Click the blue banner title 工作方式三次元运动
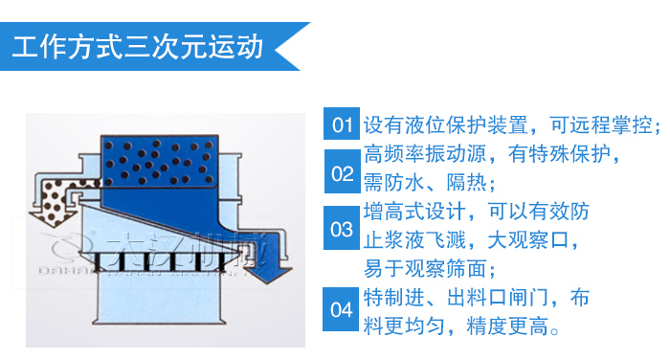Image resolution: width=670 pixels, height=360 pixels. pos(138,47)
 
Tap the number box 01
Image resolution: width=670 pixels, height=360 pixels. pos(342,124)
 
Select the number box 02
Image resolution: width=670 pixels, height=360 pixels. pos(343,171)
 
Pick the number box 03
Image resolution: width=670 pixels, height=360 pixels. pos(342,228)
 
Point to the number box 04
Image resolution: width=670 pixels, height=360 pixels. pos(341,309)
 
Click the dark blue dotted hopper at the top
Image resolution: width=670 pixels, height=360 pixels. pos(160,162)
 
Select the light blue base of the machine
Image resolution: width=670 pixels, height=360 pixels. pos(159,297)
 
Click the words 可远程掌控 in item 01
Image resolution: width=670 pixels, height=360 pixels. pos(601,124)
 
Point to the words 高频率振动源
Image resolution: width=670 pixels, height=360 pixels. pos(425,154)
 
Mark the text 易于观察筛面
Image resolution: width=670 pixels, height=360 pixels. pos(425,269)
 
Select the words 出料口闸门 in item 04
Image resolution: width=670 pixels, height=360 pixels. pos(498,298)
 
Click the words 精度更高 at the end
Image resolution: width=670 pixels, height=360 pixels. pos(506,326)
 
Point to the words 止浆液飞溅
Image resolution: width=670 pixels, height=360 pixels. pos(414,240)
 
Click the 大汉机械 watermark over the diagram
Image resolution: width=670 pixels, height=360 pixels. pos(185,248)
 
